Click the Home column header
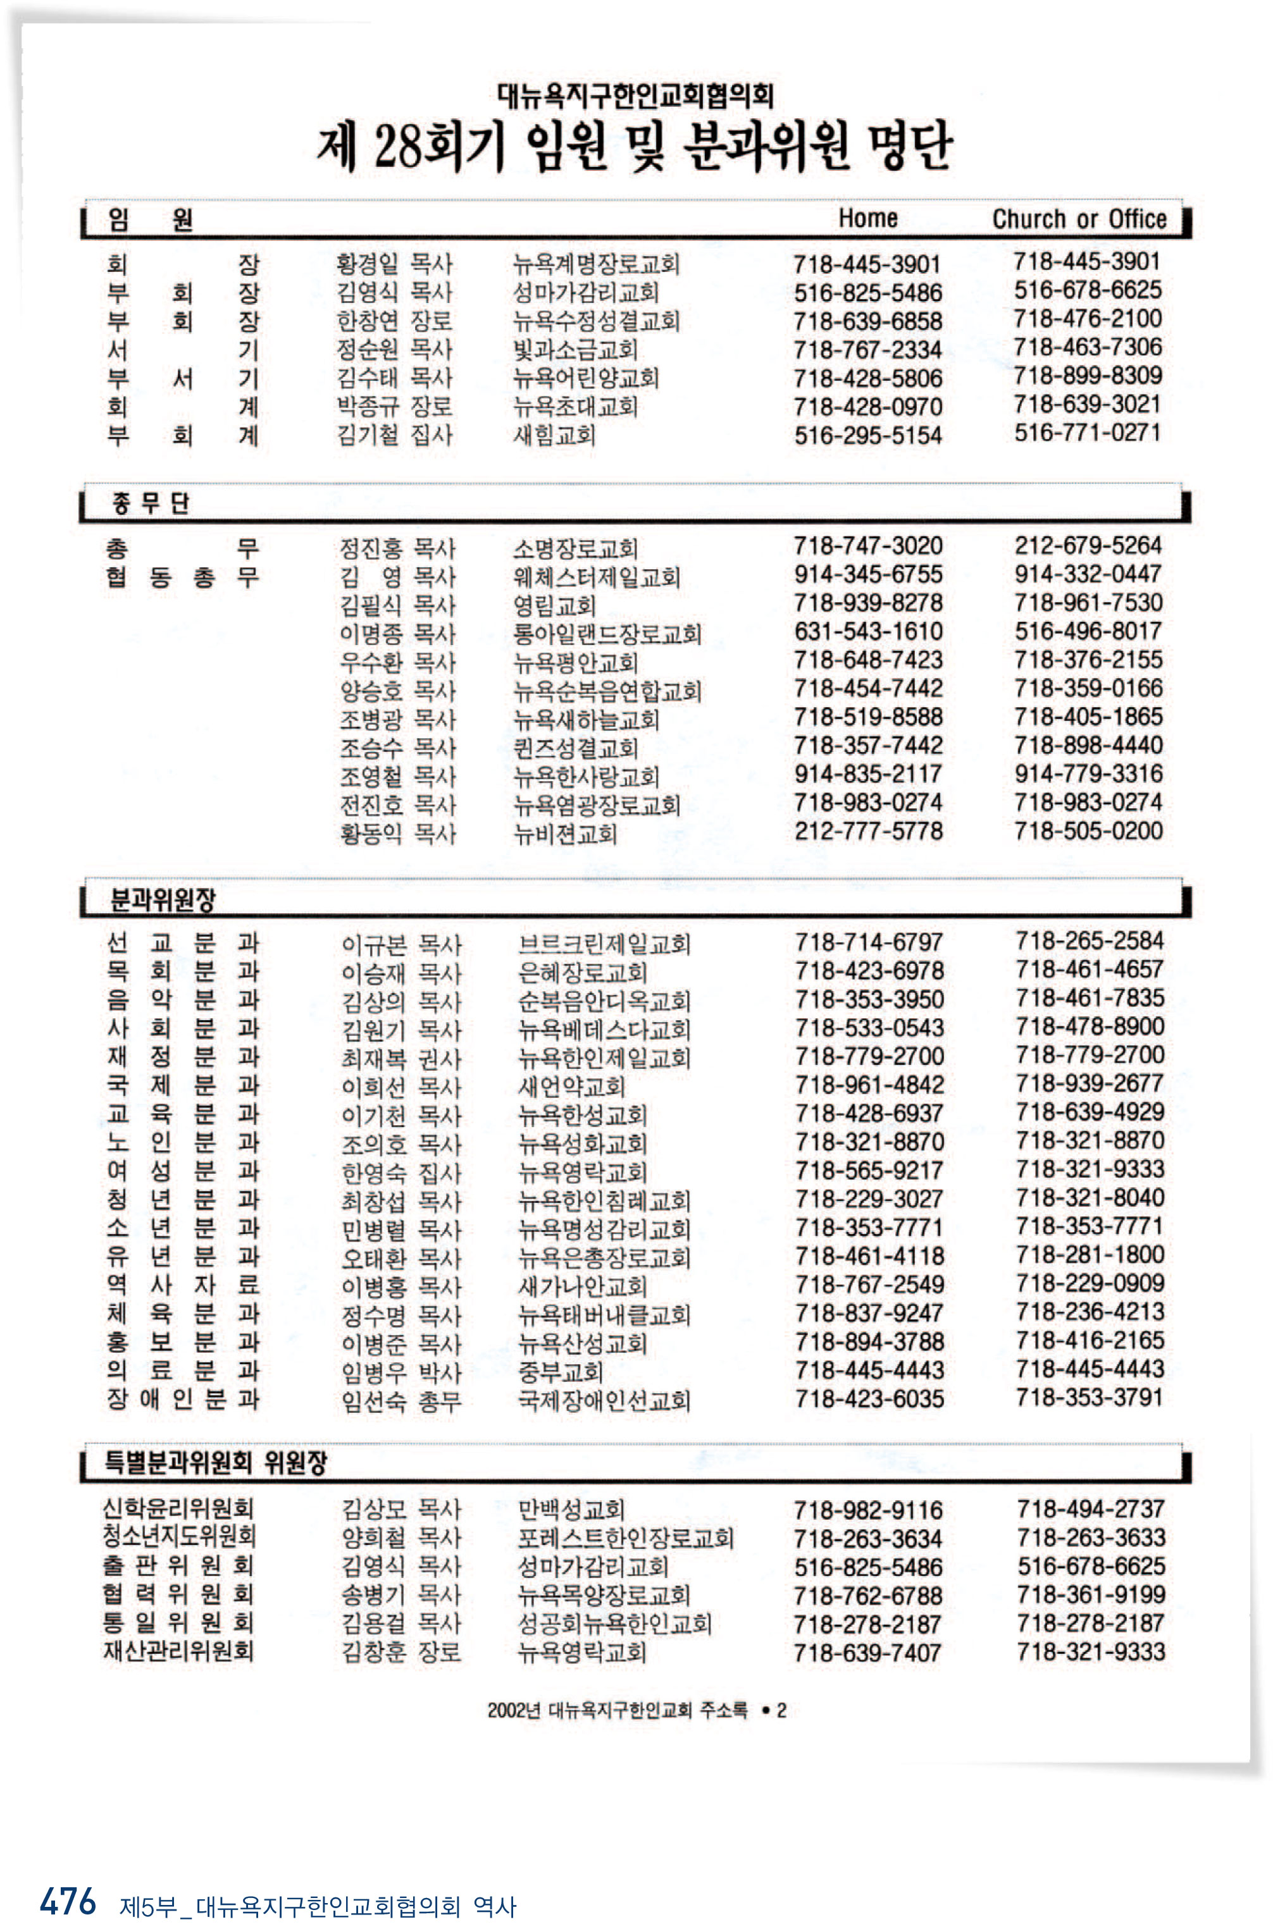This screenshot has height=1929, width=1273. pyautogui.click(x=867, y=218)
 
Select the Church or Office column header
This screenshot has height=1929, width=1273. pyautogui.click(x=1079, y=219)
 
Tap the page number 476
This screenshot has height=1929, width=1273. pyautogui.click(x=68, y=1901)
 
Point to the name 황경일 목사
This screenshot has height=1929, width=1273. pyautogui.click(x=394, y=264)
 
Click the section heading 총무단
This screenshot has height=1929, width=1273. pyautogui.click(x=150, y=503)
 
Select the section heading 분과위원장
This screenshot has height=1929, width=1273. pyautogui.click(x=163, y=898)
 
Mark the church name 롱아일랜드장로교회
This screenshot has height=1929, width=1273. pyautogui.click(x=607, y=634)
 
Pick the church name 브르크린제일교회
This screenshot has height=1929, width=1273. pyautogui.click(x=604, y=944)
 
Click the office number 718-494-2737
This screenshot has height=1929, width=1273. pyautogui.click(x=1090, y=1508)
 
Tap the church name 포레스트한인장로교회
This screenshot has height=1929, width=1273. pyautogui.click(x=626, y=1538)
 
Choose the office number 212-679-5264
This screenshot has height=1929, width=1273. pyautogui.click(x=1088, y=545)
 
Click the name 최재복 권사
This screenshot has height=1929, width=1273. pyautogui.click(x=401, y=1058)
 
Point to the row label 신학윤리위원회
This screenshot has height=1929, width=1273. pyautogui.click(x=178, y=1508)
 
